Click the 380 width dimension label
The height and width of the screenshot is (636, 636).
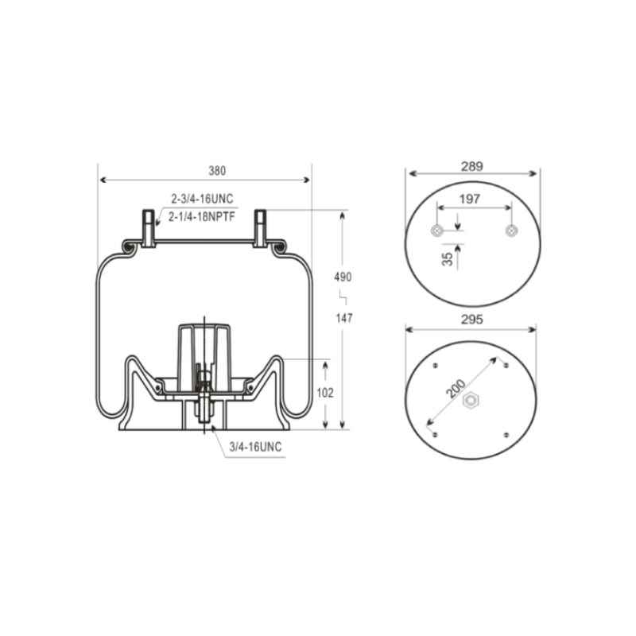217,171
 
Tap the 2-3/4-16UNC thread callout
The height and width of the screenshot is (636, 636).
202,199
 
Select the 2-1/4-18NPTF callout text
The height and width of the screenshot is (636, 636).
202,216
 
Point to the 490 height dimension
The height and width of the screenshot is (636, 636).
343,277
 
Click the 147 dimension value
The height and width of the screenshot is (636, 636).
344,318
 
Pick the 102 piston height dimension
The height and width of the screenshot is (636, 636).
325,393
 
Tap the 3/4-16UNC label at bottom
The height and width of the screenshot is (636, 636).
255,447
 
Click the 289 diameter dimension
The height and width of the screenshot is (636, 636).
471,166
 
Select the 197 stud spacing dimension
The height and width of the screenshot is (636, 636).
469,199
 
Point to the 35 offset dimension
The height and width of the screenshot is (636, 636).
448,259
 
